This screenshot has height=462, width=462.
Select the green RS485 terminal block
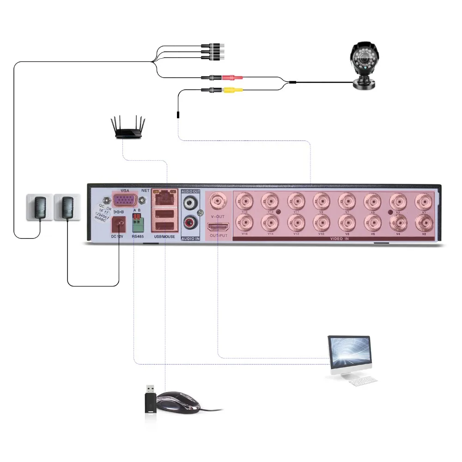point(138,225)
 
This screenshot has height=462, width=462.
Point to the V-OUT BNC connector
point(218,201)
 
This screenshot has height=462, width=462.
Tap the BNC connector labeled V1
point(423,201)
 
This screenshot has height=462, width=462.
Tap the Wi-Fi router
point(128,129)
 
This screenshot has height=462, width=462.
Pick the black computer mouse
point(178,401)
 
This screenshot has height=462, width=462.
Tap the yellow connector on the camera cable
point(230,91)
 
